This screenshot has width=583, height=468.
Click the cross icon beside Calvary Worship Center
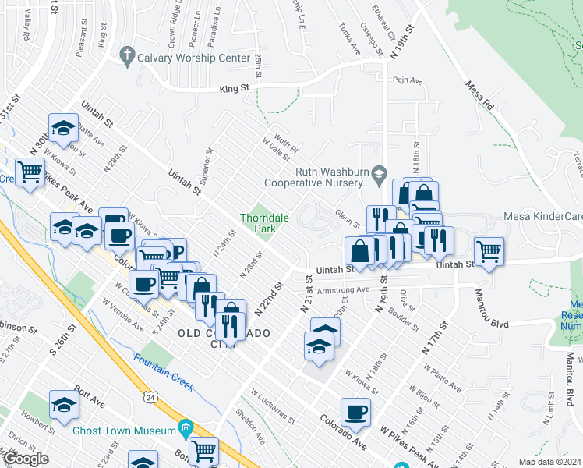coord(126,56)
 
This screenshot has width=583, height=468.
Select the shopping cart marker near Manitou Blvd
coord(489,251)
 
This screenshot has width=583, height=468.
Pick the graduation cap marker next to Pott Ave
coord(64,403)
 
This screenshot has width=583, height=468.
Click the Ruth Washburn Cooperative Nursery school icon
coord(379,172)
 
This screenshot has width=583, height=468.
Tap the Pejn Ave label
coord(407,80)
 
